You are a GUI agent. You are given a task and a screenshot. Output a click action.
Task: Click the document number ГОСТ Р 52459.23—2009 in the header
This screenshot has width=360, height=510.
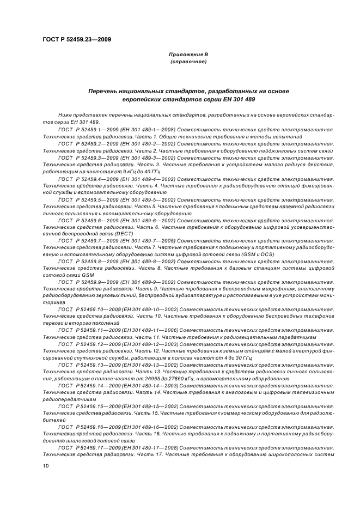point(77,39)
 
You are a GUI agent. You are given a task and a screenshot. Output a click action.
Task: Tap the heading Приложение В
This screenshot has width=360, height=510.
point(188,54)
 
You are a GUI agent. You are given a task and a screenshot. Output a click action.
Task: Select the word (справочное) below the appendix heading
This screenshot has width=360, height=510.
point(188,62)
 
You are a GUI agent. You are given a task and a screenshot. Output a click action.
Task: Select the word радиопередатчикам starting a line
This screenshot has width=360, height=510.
point(68,399)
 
